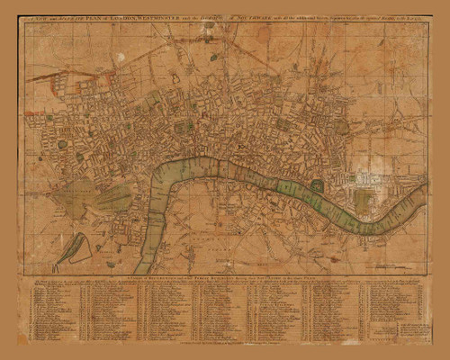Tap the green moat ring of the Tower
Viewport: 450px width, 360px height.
[x=317, y=186]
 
